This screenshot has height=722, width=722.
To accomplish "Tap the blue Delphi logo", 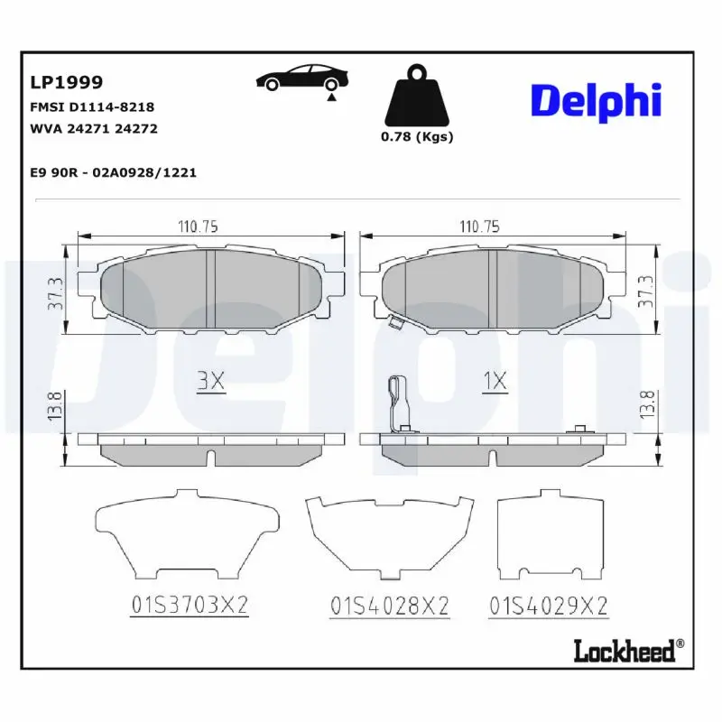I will coord(596,101).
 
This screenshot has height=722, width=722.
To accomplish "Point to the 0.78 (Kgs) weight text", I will coord(416,137).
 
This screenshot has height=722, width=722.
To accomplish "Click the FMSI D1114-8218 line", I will coord(93,106).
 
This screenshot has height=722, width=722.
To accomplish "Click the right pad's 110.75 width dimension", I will coord(480,227).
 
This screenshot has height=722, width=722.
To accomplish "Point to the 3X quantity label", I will coord(210,382).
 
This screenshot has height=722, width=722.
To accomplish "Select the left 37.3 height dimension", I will coord(56,292).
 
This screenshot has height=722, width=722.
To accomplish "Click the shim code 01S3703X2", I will coord(190,606).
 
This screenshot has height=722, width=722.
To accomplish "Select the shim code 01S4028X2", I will coord(390,606).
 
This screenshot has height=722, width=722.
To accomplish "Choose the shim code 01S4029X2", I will coord(548,606).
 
